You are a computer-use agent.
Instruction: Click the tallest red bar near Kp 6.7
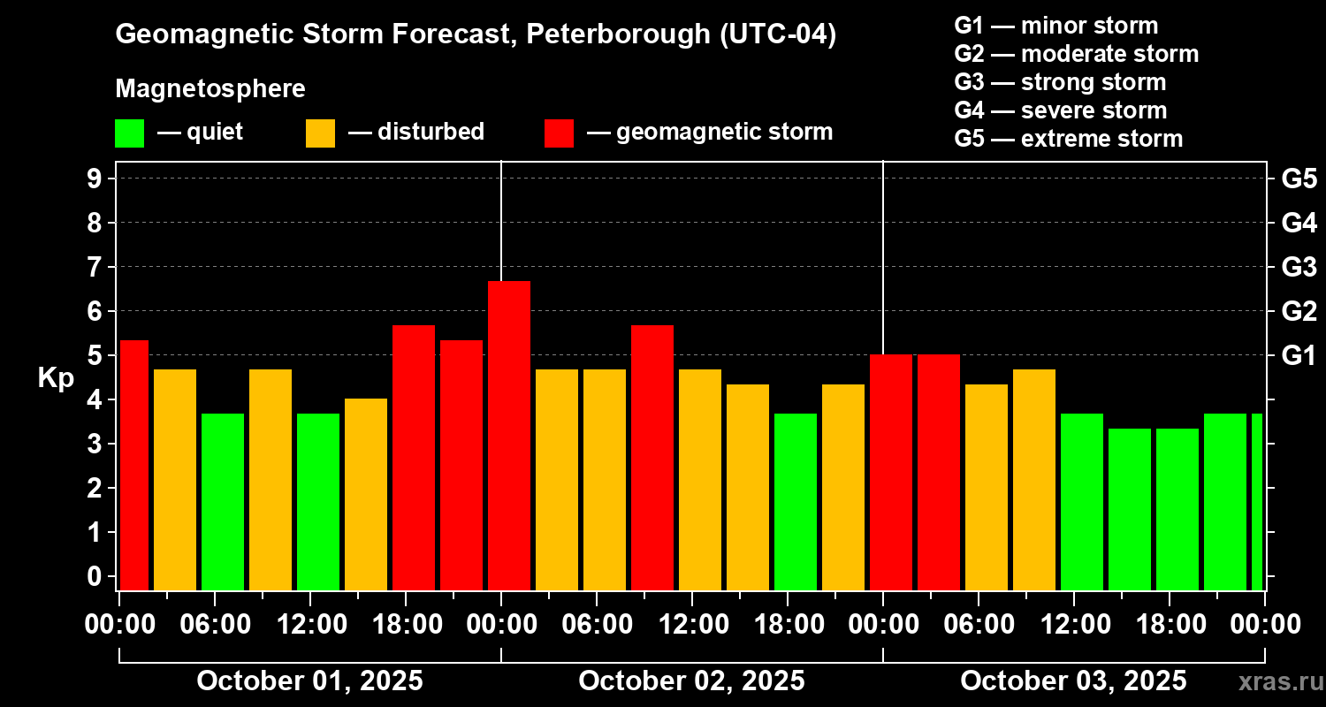509,435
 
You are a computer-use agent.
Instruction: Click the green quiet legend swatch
129,133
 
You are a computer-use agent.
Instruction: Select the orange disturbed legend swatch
320,133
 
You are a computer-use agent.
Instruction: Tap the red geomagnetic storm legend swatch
559,133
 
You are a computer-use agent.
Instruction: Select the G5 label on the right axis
1299,179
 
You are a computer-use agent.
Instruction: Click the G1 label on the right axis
1299,355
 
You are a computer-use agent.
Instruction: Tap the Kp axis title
56,377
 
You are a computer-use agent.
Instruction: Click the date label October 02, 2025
691,680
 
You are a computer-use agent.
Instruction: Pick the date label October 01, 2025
309,680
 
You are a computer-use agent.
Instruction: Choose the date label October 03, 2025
1073,680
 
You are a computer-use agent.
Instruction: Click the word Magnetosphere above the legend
210,89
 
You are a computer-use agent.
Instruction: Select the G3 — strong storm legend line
1060,82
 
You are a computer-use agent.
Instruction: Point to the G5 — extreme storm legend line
1068,139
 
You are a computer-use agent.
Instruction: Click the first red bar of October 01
134,465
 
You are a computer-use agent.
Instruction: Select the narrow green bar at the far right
1257,501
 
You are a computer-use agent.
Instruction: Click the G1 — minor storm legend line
1055,26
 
